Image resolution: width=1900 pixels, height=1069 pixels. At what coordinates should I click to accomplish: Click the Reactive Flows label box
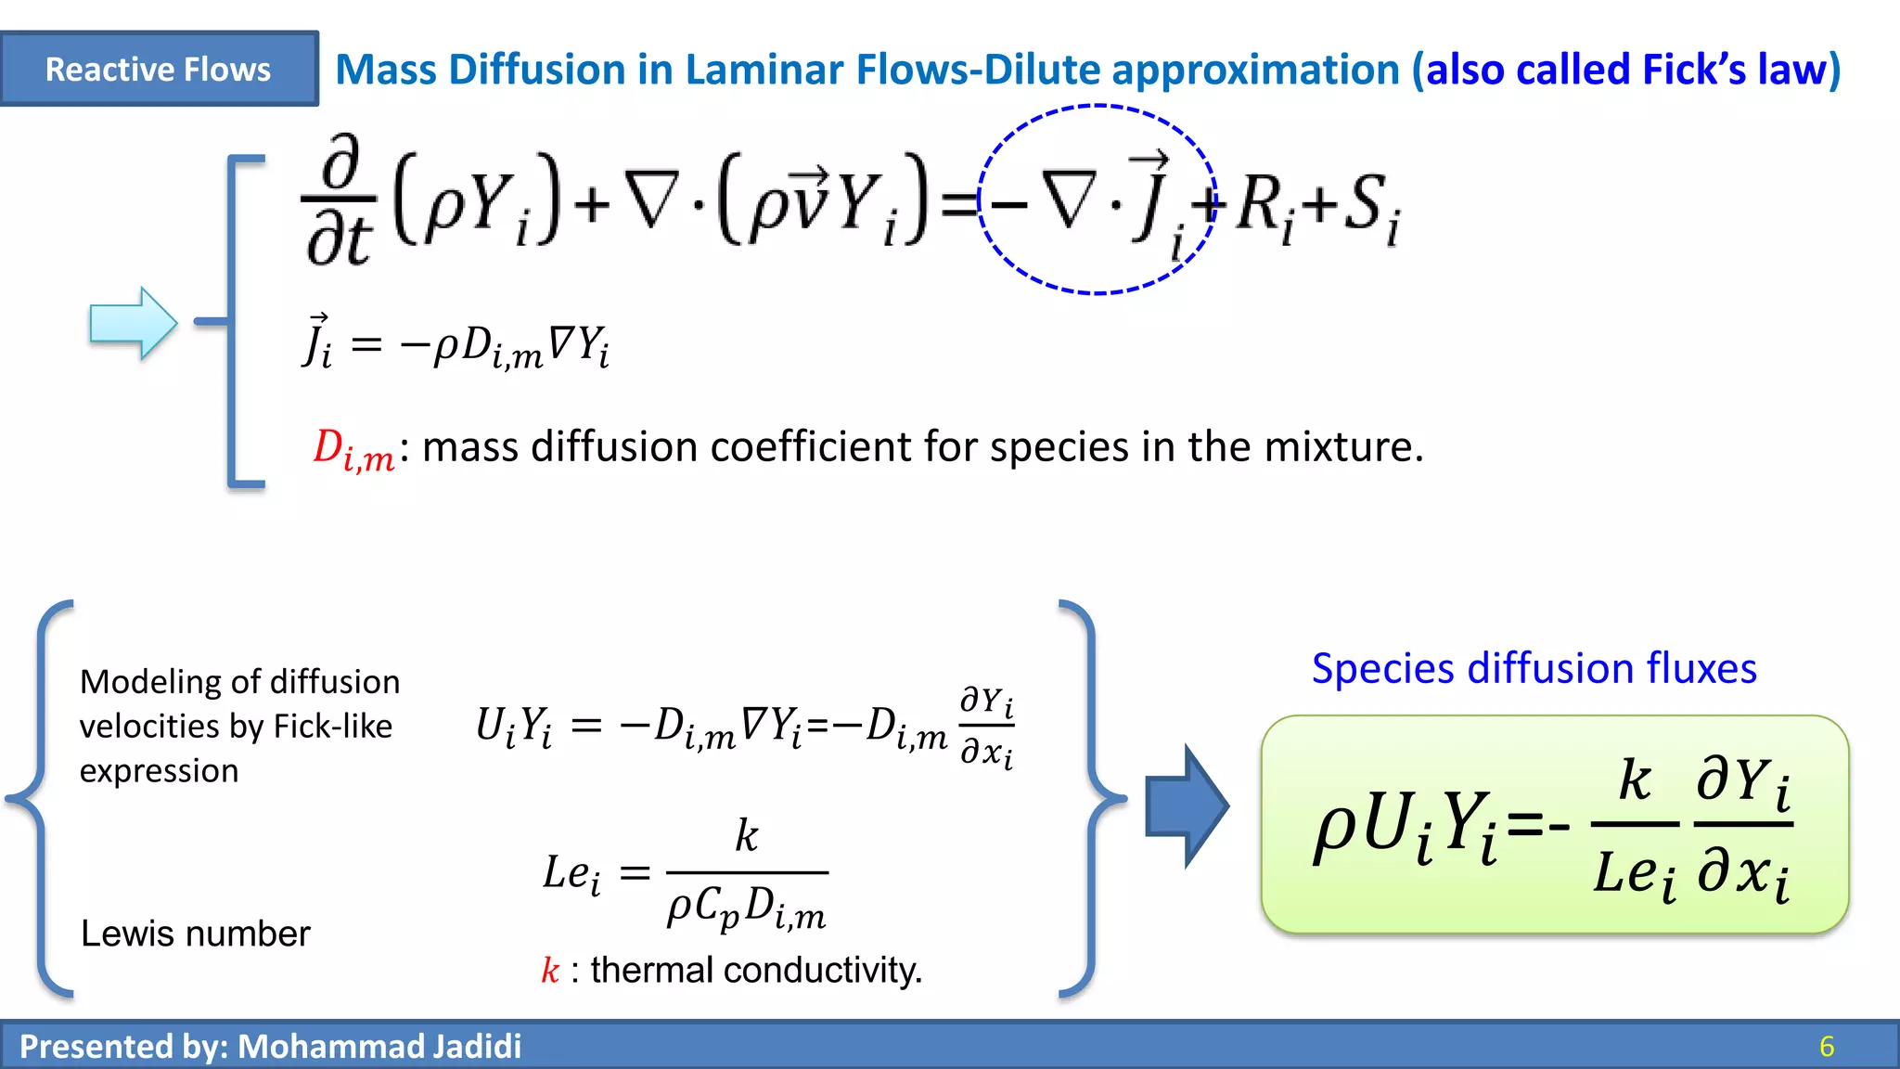coord(159,69)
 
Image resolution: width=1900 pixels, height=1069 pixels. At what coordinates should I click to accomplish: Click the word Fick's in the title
coord(1694,70)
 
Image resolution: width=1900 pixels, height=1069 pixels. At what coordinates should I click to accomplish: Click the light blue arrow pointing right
coord(133,323)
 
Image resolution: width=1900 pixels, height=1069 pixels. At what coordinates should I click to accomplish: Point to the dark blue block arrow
coord(1186,805)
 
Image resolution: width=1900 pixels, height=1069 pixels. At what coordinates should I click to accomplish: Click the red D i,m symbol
coord(353,450)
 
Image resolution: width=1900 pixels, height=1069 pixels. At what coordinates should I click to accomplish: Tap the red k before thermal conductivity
coord(550,971)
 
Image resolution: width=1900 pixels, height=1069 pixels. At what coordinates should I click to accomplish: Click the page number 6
coord(1827,1047)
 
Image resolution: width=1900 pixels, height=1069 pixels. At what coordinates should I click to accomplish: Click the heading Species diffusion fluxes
coord(1534,668)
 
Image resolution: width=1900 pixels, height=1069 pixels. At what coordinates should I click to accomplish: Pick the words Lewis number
coord(196,934)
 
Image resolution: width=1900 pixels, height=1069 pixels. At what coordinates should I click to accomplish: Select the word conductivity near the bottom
coord(822,971)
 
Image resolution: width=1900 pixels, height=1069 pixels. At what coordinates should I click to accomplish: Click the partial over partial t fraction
coord(340,201)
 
